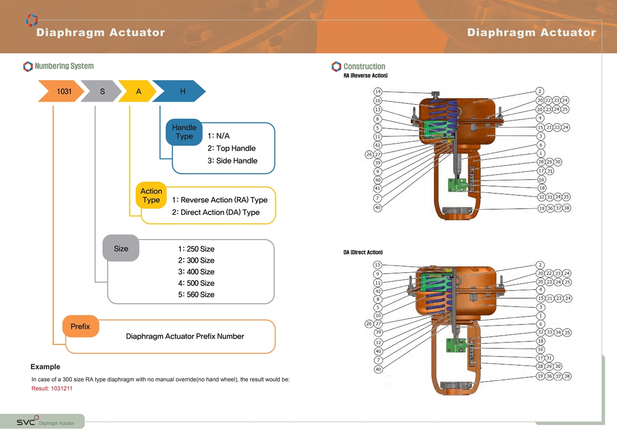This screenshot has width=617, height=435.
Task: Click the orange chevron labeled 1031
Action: click(61, 91)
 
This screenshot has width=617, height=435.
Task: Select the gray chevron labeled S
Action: click(101, 91)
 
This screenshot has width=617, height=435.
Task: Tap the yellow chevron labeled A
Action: click(138, 91)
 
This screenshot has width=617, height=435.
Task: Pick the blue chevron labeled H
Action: click(179, 91)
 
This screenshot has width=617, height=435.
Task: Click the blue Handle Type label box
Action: click(184, 132)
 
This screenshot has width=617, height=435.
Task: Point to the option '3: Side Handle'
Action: click(232, 160)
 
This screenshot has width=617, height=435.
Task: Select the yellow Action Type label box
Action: click(151, 195)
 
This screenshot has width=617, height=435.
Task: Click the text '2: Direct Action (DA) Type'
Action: click(215, 212)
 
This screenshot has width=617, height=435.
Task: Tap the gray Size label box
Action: click(121, 248)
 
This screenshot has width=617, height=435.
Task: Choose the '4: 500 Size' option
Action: click(196, 283)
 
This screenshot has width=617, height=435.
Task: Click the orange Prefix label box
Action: click(80, 327)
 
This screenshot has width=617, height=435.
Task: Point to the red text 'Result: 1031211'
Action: click(52, 388)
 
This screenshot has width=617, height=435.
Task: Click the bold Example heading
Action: click(45, 367)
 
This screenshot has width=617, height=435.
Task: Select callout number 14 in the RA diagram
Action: click(377, 92)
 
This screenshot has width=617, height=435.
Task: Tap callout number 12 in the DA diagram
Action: click(378, 342)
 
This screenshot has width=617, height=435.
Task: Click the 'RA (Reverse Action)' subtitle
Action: click(365, 76)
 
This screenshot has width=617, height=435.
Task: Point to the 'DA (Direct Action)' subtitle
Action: click(363, 252)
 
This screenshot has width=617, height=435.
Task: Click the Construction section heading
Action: click(364, 66)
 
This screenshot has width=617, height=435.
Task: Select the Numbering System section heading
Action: click(64, 66)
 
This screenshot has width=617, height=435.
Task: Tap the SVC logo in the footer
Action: click(27, 421)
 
